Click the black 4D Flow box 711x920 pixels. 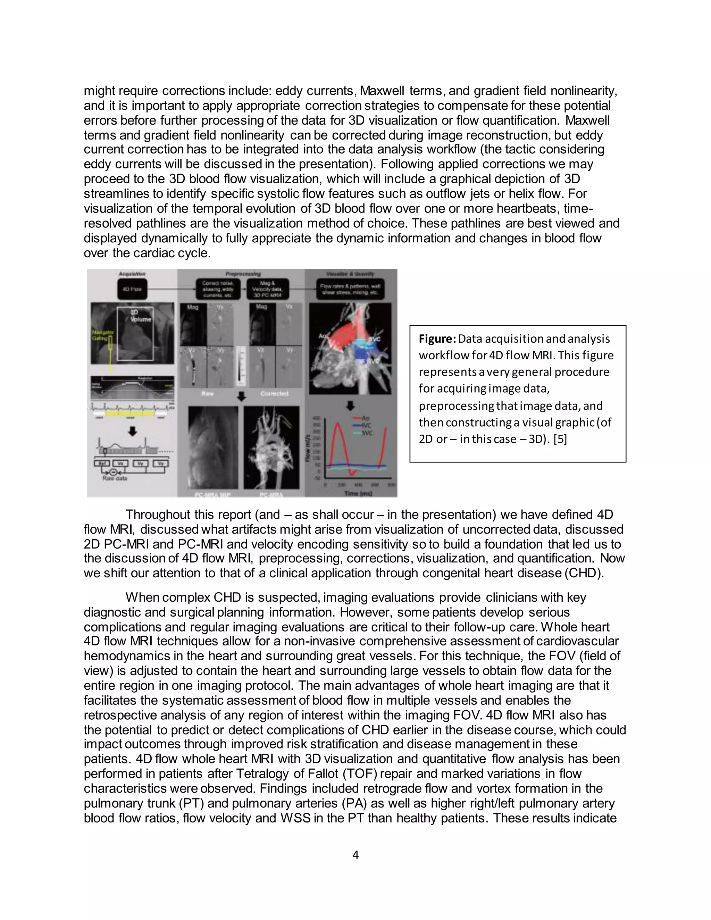[x=132, y=290]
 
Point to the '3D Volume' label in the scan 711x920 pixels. [x=139, y=316]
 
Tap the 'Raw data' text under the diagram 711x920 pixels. [x=114, y=478]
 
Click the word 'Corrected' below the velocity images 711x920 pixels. [x=274, y=393]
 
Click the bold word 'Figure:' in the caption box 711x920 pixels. [x=437, y=339]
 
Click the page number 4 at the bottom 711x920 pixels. [x=355, y=855]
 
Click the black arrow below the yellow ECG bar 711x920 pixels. [x=132, y=431]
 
